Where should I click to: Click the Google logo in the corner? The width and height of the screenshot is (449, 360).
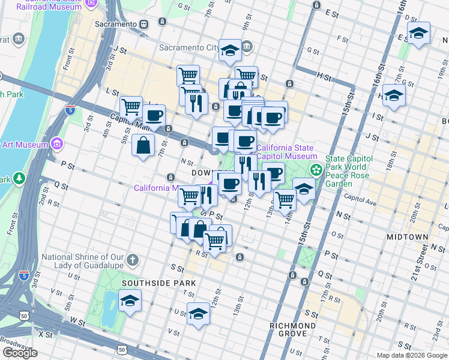pyautogui.click(x=20, y=353)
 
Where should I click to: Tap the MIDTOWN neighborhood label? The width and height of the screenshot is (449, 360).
pyautogui.click(x=407, y=237)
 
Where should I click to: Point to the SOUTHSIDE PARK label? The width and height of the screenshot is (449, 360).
pyautogui.click(x=158, y=283)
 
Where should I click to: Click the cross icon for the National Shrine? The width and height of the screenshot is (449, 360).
pyautogui.click(x=133, y=261)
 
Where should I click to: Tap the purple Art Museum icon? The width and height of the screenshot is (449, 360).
pyautogui.click(x=57, y=144)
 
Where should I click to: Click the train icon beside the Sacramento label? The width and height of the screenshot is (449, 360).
pyautogui.click(x=144, y=24)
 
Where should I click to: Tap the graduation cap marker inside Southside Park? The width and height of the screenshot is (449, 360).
pyautogui.click(x=129, y=302)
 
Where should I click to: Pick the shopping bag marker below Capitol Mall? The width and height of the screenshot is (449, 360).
pyautogui.click(x=143, y=146)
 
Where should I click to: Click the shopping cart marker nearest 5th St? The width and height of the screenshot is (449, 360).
pyautogui.click(x=131, y=108)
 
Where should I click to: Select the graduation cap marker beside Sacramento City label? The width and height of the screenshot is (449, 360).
pyautogui.click(x=230, y=51)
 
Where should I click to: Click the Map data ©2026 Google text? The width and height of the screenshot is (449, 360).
pyautogui.click(x=412, y=355)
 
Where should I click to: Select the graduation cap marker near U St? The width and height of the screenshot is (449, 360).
pyautogui.click(x=198, y=314)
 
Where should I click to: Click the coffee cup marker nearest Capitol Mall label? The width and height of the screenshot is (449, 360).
pyautogui.click(x=154, y=115)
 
